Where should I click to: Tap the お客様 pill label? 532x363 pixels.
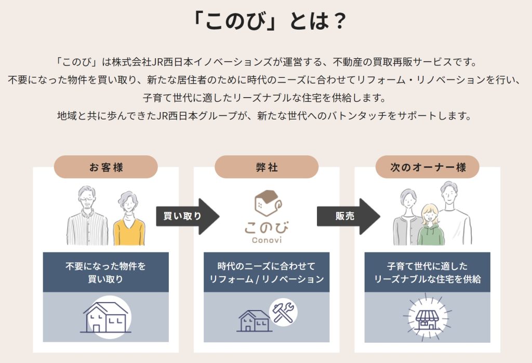[105, 167]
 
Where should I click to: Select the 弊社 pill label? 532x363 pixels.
[266, 167]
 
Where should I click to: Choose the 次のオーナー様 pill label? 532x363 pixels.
[427, 167]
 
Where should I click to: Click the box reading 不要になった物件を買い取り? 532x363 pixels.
[105, 272]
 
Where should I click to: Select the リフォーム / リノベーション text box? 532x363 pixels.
[266, 272]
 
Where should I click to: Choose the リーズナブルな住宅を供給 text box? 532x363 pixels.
[427, 272]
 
